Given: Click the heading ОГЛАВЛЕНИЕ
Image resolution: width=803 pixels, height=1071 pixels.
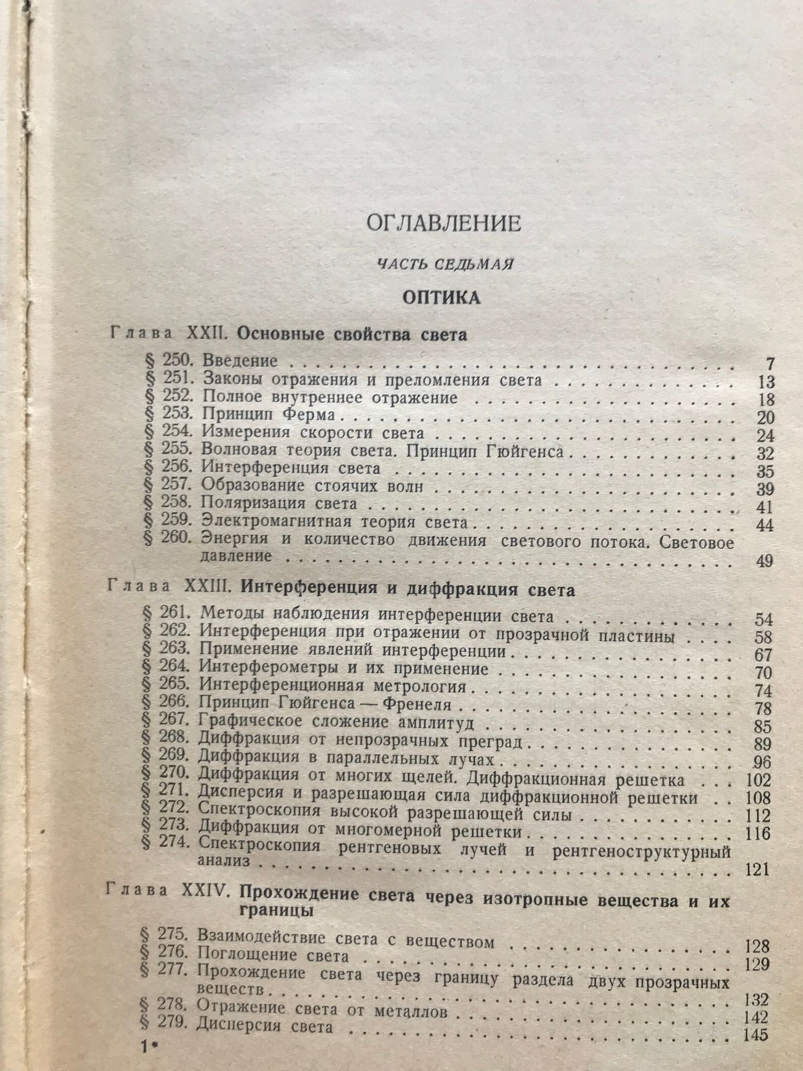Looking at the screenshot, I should tap(443, 223).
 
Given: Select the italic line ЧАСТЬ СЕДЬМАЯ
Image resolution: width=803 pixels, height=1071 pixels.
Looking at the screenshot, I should tap(445, 263).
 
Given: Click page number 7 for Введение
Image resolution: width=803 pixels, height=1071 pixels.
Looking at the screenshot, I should tap(769, 364).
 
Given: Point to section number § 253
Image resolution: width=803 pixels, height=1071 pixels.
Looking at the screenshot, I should tap(168, 414).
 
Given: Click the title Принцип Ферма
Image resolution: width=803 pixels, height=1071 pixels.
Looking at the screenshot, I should tap(269, 415).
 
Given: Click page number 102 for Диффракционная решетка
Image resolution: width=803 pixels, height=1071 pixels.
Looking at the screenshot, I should tap(757, 780).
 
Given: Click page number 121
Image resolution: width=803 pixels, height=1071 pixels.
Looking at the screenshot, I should tap(756, 869).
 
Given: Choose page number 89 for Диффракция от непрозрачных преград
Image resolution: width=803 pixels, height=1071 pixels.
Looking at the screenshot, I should tap(761, 744).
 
